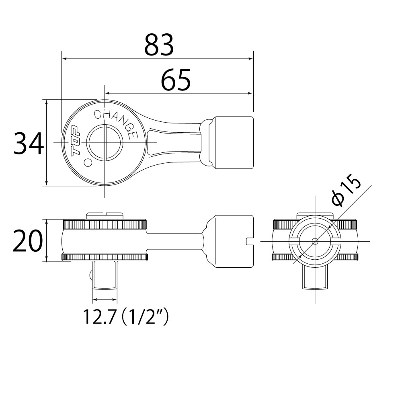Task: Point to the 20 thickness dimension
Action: pos(27,240)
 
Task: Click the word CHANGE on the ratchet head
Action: pos(115,121)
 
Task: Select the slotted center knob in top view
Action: pos(105,143)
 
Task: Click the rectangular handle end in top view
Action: pos(233,143)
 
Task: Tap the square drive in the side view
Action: pos(105,274)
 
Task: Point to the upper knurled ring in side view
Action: pos(105,224)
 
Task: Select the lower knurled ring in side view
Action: pos(105,257)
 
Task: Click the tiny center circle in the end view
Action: pos(315,241)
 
